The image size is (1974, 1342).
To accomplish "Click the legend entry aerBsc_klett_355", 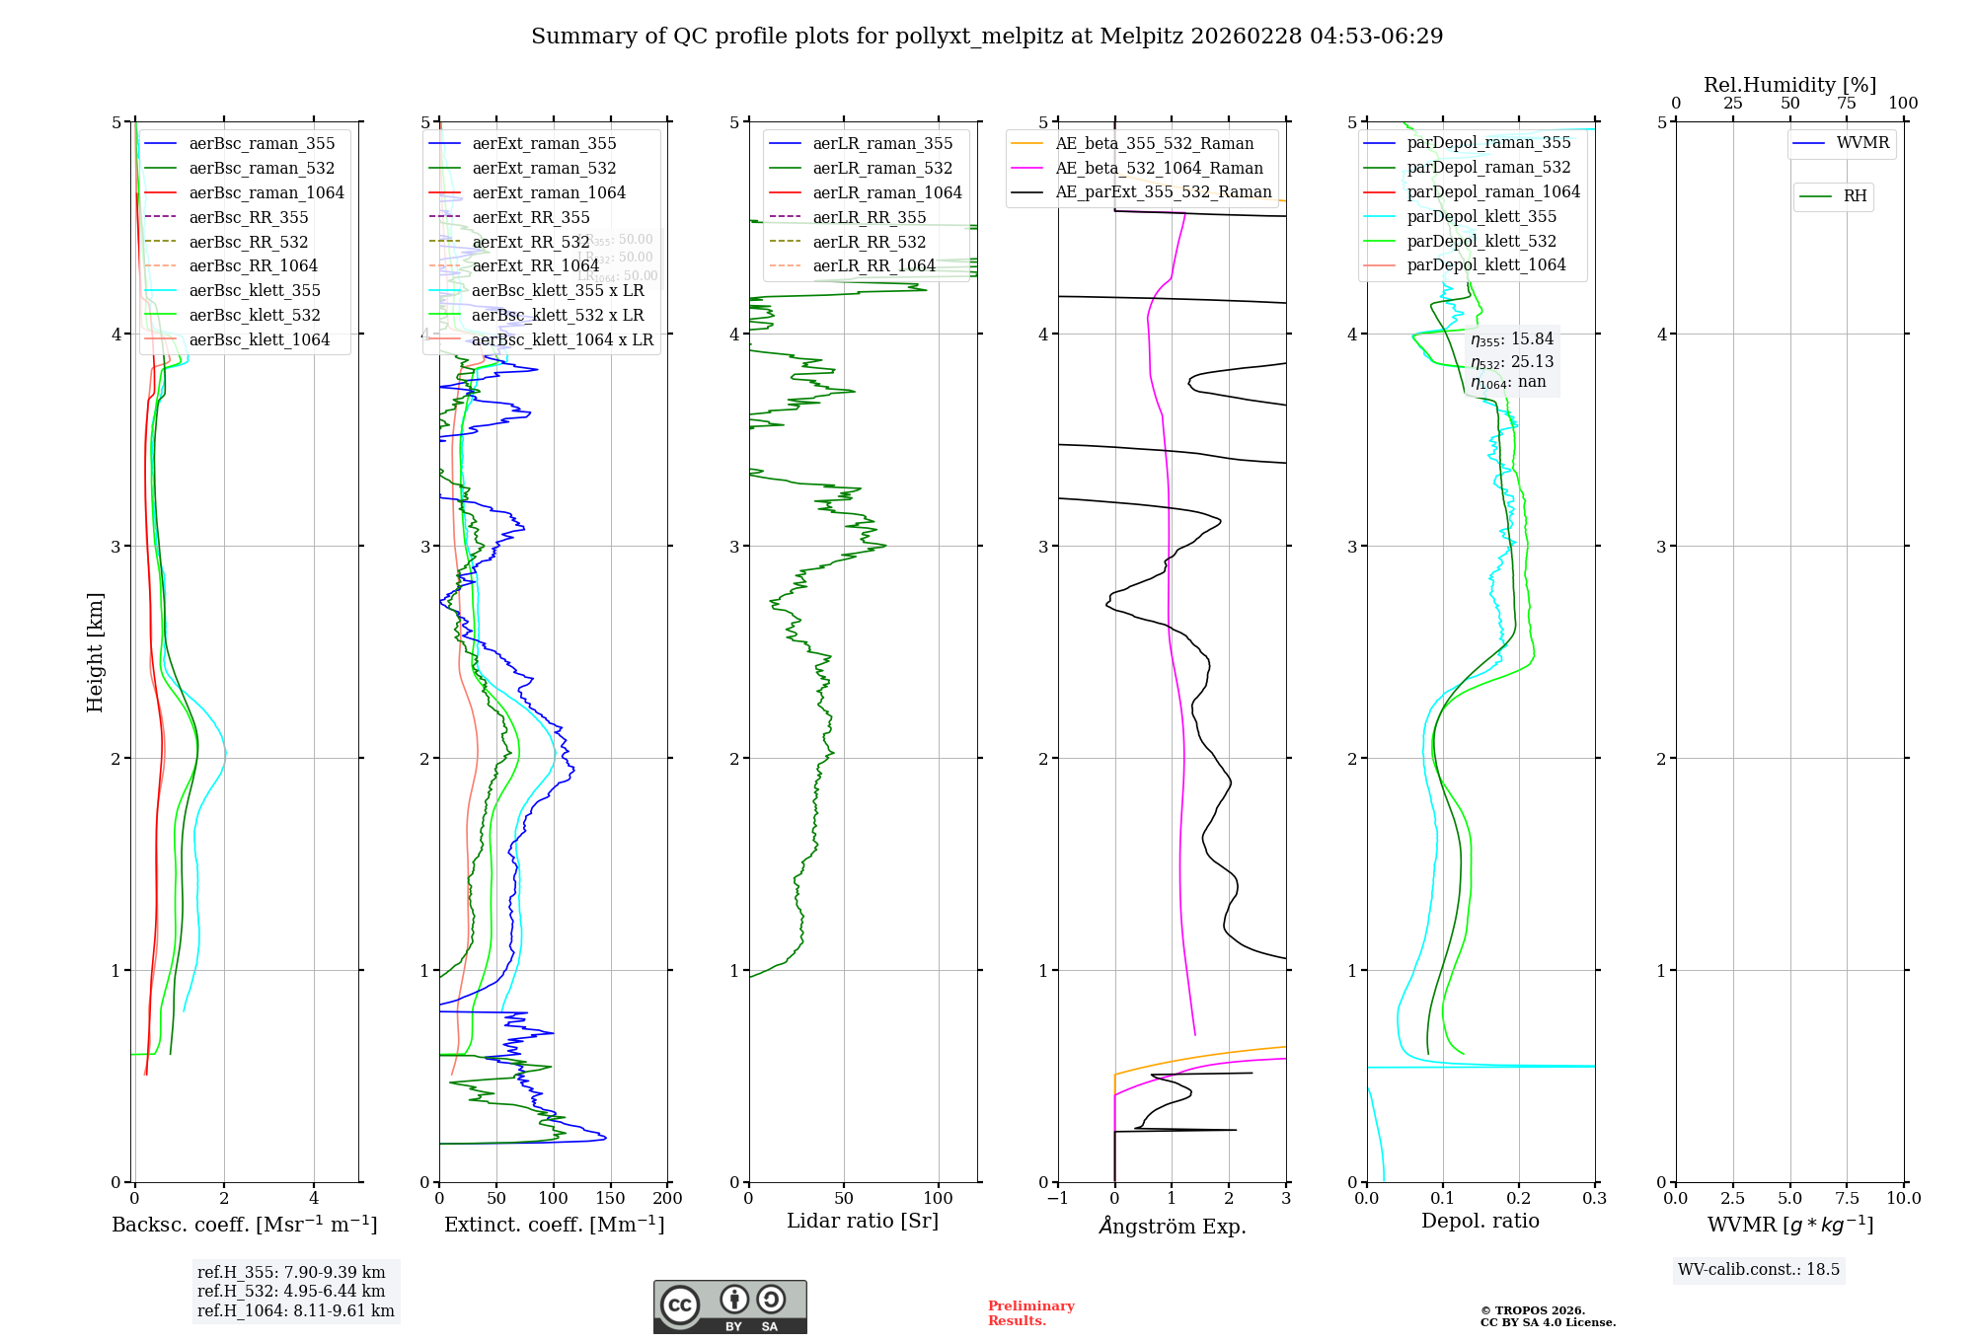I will click(x=254, y=290).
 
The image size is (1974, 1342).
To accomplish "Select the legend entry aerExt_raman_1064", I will click(x=548, y=192).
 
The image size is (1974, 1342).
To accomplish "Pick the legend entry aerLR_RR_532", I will click(x=869, y=242).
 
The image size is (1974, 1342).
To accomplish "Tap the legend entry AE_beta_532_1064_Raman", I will click(x=1159, y=168).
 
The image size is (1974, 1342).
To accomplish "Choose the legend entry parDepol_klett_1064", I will click(x=1485, y=264).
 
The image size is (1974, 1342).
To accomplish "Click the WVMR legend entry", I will click(x=1861, y=143).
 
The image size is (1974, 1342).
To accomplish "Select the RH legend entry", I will click(x=1855, y=196).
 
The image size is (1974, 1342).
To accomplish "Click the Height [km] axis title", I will click(x=95, y=651).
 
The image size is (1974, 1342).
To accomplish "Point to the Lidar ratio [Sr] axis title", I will click(x=862, y=1221).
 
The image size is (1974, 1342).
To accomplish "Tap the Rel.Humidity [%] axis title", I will click(x=1789, y=85).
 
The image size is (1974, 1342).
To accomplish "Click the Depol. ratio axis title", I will click(x=1480, y=1221).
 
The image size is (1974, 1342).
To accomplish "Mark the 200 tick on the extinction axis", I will click(x=668, y=1198).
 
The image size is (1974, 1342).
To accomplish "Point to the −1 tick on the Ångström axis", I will click(x=1057, y=1198).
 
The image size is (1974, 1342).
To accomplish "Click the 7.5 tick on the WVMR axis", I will click(x=1847, y=1198).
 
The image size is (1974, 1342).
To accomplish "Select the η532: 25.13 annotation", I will click(x=1511, y=361).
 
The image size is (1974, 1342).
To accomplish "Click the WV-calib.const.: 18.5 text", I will click(x=1758, y=1269).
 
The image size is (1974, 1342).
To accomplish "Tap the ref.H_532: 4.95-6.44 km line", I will click(x=290, y=1291).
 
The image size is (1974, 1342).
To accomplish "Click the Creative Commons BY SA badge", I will click(x=729, y=1306).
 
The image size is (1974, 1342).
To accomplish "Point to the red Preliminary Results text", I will click(x=1030, y=1312).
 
